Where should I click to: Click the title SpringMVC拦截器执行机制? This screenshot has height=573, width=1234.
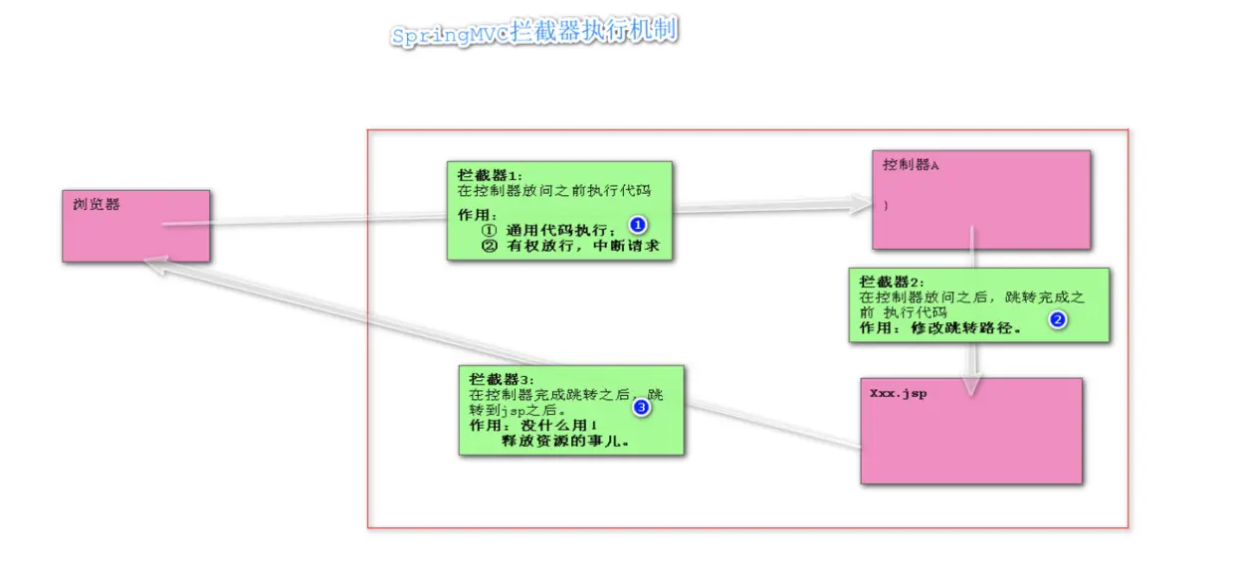[534, 33]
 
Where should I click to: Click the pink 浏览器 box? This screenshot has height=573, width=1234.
[135, 226]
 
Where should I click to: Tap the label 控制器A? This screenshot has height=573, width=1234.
[911, 165]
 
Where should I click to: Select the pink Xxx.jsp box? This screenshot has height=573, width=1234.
[970, 431]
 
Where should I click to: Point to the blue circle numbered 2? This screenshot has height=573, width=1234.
[1058, 320]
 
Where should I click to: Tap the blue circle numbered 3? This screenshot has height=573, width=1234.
[641, 407]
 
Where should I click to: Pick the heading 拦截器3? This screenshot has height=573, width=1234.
[502, 379]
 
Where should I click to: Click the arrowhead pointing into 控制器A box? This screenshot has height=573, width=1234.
[861, 205]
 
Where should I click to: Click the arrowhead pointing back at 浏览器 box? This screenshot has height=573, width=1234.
[151, 263]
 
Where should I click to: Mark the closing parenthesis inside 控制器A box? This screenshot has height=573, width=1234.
[885, 205]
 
